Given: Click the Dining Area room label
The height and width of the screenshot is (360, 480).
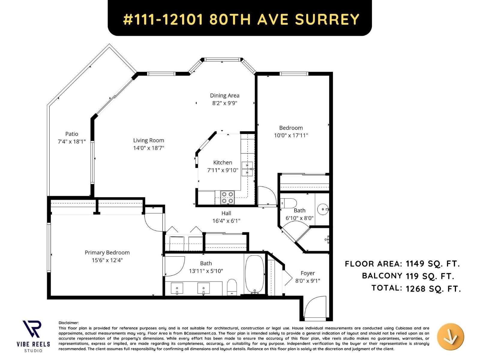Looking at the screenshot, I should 224,95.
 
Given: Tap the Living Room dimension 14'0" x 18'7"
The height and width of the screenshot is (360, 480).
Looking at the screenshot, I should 148,148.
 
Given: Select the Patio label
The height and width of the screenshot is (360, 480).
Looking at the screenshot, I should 72,134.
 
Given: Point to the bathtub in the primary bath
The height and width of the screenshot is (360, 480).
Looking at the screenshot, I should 255,274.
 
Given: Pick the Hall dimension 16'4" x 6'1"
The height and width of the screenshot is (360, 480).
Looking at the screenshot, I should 226,221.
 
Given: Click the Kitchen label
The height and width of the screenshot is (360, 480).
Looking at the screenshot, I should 223,162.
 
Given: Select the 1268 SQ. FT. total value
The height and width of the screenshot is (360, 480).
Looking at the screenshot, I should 433,289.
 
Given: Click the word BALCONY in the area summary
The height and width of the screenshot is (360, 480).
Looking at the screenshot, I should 382,276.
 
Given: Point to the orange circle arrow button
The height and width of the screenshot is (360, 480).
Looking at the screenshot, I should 450,337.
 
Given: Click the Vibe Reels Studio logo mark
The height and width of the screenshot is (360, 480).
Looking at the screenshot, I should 32,329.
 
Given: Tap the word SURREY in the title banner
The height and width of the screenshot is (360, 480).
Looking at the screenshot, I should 327,19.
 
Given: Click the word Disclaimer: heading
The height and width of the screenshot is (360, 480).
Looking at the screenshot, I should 69,323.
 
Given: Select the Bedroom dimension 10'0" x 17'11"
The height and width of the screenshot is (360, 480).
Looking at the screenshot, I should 291,135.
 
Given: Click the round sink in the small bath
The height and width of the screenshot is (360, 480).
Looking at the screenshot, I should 323,209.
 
